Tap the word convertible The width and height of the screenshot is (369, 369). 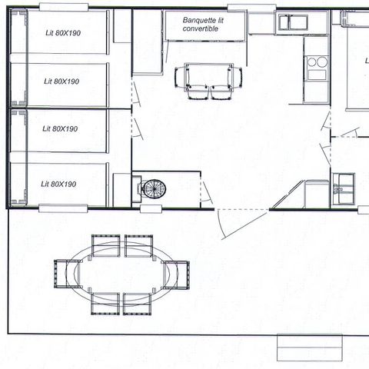tap(201, 28)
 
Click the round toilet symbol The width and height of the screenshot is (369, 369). tap(153, 188)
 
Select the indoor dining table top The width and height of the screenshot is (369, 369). tap(208, 76)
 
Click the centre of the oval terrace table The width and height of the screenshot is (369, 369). tap(121, 273)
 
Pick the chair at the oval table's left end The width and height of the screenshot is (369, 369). tap(65, 273)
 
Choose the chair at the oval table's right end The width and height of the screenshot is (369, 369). tap(178, 273)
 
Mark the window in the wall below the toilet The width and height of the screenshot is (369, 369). tap(151, 208)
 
